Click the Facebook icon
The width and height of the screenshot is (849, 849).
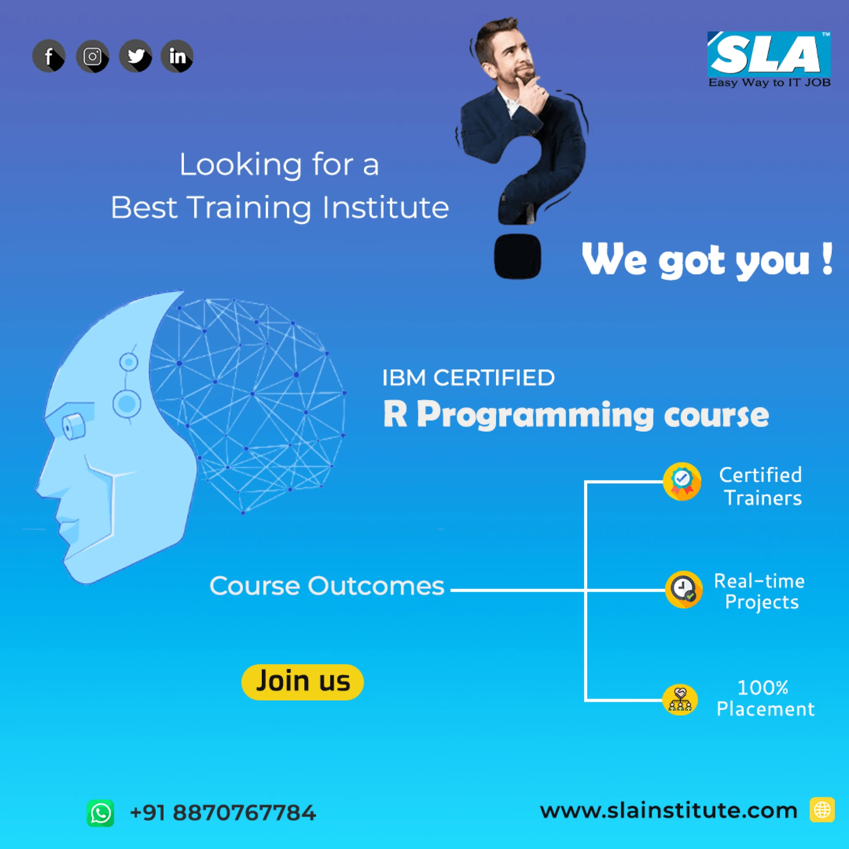pyautogui.click(x=49, y=56)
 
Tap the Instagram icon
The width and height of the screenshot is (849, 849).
pyautogui.click(x=92, y=56)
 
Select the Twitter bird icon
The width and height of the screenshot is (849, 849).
pyautogui.click(x=135, y=56)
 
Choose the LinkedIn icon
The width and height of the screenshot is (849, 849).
pyautogui.click(x=177, y=56)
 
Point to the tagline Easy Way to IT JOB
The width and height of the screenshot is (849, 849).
pyautogui.click(x=769, y=83)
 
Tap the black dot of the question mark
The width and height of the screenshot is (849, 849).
pyautogui.click(x=517, y=256)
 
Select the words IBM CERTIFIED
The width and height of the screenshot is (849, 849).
pyautogui.click(x=468, y=378)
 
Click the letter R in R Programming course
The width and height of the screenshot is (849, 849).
pyautogui.click(x=395, y=414)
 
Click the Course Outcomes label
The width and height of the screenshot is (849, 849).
pyautogui.click(x=327, y=586)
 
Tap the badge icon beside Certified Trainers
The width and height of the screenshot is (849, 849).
pyautogui.click(x=682, y=482)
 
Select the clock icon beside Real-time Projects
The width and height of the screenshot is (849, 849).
pyautogui.click(x=684, y=589)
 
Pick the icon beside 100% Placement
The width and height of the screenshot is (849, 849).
pyautogui.click(x=680, y=700)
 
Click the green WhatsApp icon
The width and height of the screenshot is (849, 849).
pyautogui.click(x=100, y=813)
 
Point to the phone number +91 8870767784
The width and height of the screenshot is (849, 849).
pyautogui.click(x=223, y=813)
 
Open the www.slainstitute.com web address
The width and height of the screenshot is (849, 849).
pyautogui.click(x=669, y=811)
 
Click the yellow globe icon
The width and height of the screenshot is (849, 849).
pyautogui.click(x=822, y=810)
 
